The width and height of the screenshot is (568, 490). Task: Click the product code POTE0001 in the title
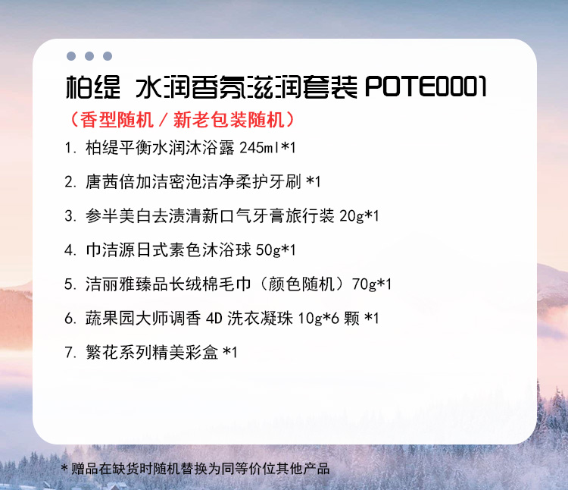tap(426, 87)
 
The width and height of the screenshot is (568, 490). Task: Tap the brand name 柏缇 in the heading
tap(92, 87)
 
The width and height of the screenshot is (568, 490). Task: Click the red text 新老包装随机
tap(229, 120)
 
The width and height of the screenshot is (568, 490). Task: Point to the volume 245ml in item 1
tap(260, 148)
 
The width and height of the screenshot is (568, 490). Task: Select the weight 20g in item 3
tap(351, 216)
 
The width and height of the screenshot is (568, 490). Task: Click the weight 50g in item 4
tap(268, 250)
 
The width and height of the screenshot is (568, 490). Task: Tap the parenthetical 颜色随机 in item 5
tap(301, 284)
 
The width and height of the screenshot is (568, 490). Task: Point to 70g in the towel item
tap(364, 284)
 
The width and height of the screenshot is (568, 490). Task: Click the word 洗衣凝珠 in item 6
tap(260, 319)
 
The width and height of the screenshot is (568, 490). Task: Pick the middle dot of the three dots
tap(89, 56)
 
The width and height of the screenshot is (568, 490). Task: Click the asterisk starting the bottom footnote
tap(64, 467)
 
